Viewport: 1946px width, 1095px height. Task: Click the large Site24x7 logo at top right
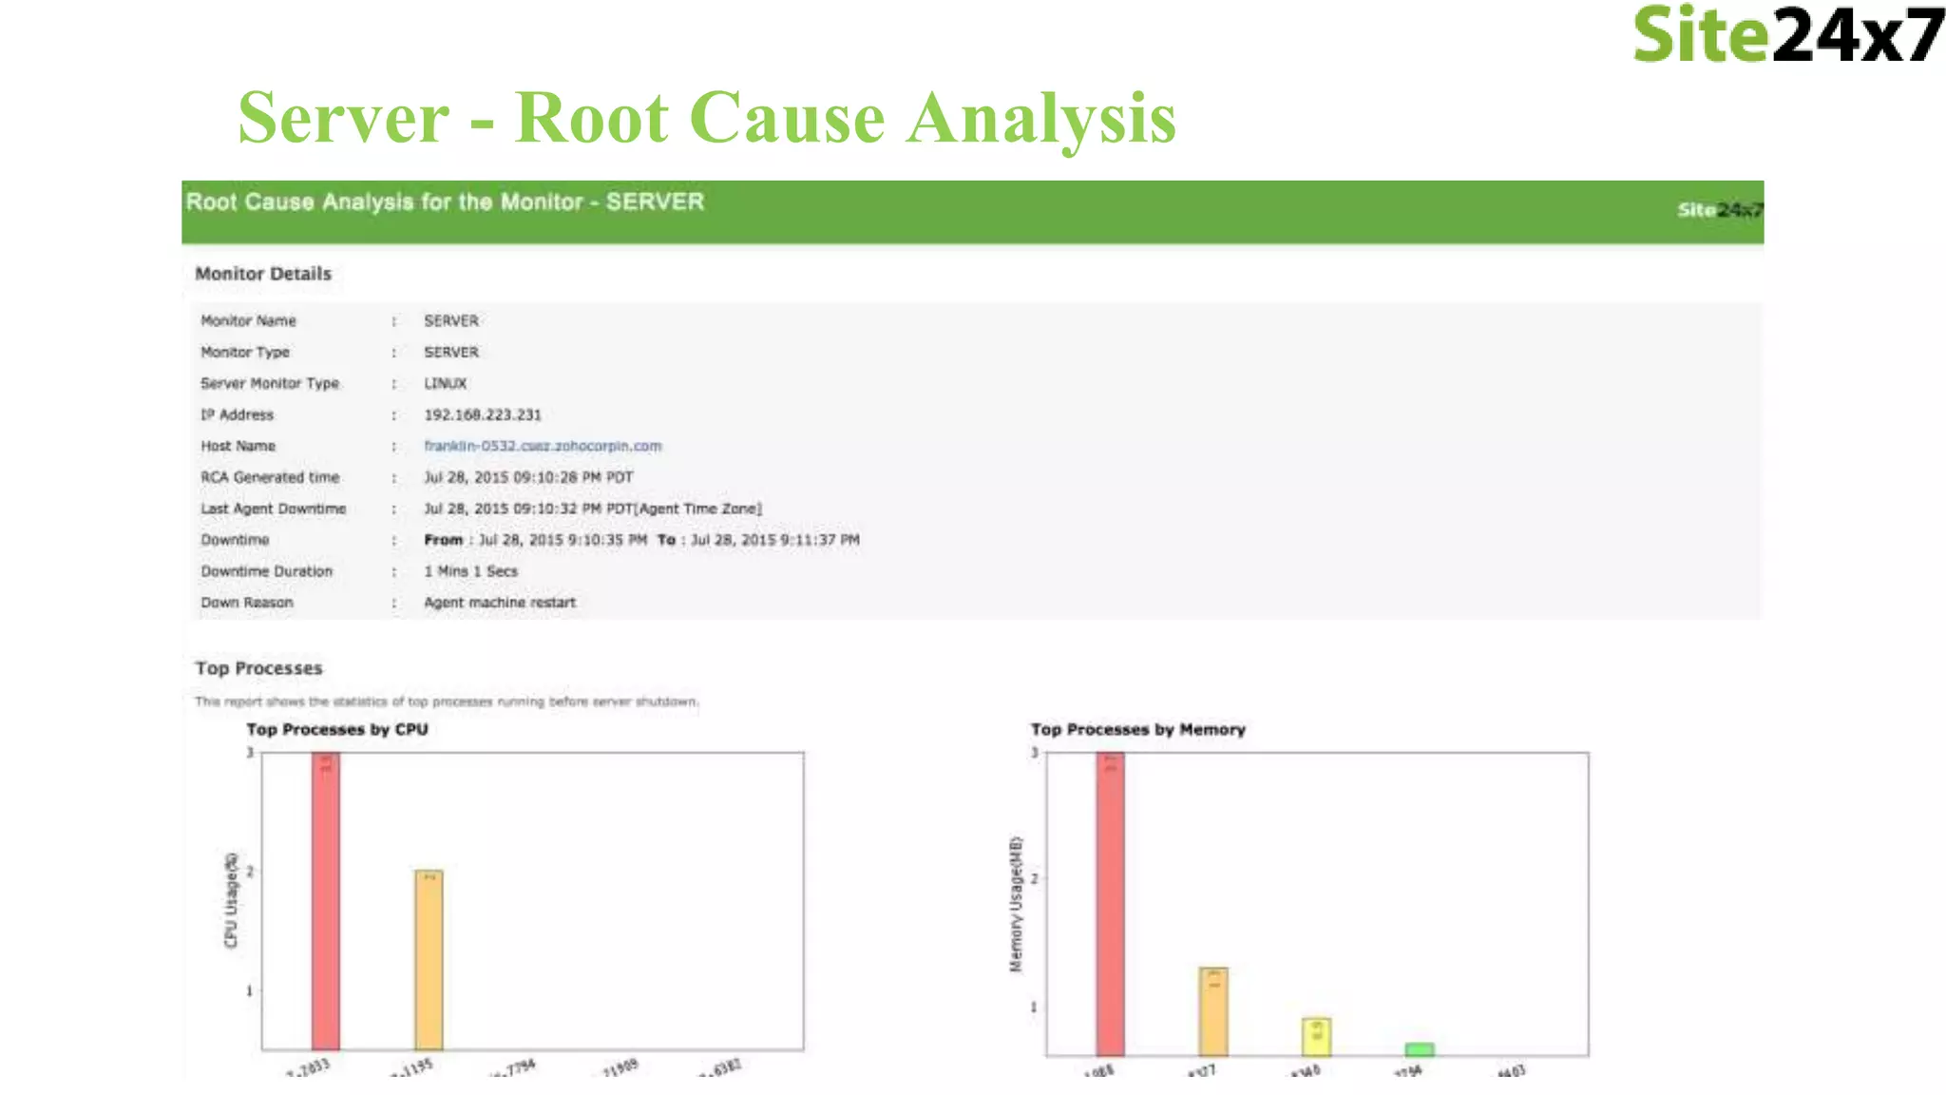click(x=1786, y=35)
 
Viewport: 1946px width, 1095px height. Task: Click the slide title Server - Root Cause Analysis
click(x=706, y=118)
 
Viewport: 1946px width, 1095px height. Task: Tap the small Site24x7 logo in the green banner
click(x=1719, y=210)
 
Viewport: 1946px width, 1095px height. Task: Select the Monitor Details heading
click(x=263, y=274)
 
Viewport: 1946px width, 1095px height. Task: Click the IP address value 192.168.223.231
click(x=482, y=414)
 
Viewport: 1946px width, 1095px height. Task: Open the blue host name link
click(x=543, y=446)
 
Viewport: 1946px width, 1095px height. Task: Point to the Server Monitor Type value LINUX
click(x=445, y=383)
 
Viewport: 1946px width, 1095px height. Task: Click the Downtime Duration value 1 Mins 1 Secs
click(x=470, y=571)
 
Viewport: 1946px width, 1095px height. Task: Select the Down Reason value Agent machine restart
click(x=499, y=603)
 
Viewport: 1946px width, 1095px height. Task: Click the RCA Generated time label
click(x=270, y=477)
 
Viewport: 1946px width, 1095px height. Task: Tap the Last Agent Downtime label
click(x=273, y=509)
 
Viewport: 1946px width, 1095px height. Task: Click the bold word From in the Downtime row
click(x=443, y=540)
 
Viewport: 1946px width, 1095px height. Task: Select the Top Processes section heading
click(x=258, y=668)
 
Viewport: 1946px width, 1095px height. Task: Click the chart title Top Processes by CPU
click(x=337, y=729)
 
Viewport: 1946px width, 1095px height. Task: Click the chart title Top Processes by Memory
click(x=1137, y=729)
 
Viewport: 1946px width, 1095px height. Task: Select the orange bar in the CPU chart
click(x=429, y=960)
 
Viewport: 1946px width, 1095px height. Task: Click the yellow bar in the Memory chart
click(x=1316, y=1037)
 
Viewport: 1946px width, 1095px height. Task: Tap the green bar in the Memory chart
click(x=1420, y=1049)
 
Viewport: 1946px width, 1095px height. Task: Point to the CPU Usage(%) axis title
click(x=231, y=899)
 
